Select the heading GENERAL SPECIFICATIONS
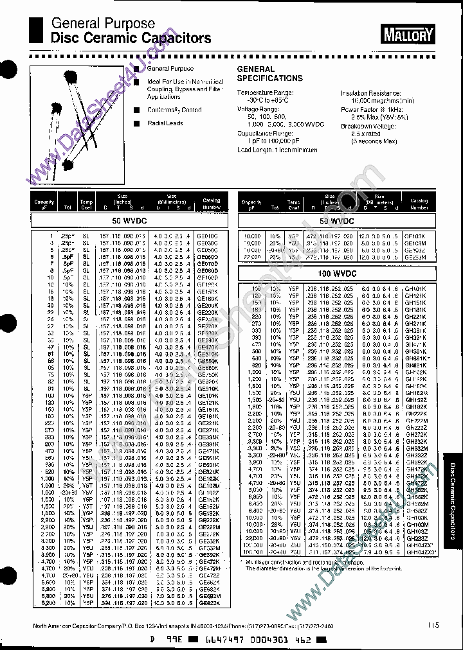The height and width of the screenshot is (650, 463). click(x=269, y=74)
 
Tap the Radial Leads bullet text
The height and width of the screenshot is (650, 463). click(x=165, y=123)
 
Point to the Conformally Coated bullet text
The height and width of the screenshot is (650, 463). click(x=174, y=110)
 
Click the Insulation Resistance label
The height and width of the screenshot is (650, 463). click(x=373, y=93)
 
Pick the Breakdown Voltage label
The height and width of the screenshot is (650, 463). click(x=370, y=127)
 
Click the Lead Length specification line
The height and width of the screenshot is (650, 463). click(x=277, y=150)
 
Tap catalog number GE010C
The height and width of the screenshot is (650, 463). click(x=208, y=236)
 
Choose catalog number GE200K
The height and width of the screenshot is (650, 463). click(x=208, y=305)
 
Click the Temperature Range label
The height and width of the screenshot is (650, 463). click(x=264, y=93)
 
